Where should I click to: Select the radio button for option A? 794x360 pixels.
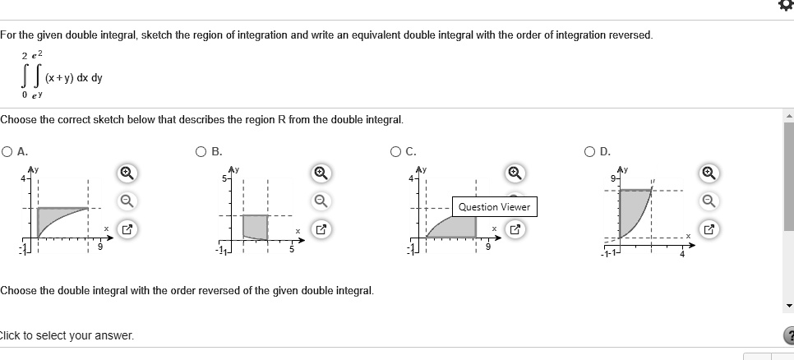tap(7, 150)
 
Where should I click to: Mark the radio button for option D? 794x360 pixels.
tap(591, 150)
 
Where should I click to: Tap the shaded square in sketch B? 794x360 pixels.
tap(255, 226)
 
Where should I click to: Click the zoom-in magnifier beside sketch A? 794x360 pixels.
tap(127, 173)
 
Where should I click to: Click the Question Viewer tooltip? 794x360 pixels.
tap(494, 207)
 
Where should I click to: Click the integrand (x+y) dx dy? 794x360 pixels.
tap(74, 78)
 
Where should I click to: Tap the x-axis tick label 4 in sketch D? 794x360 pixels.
tap(681, 252)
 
